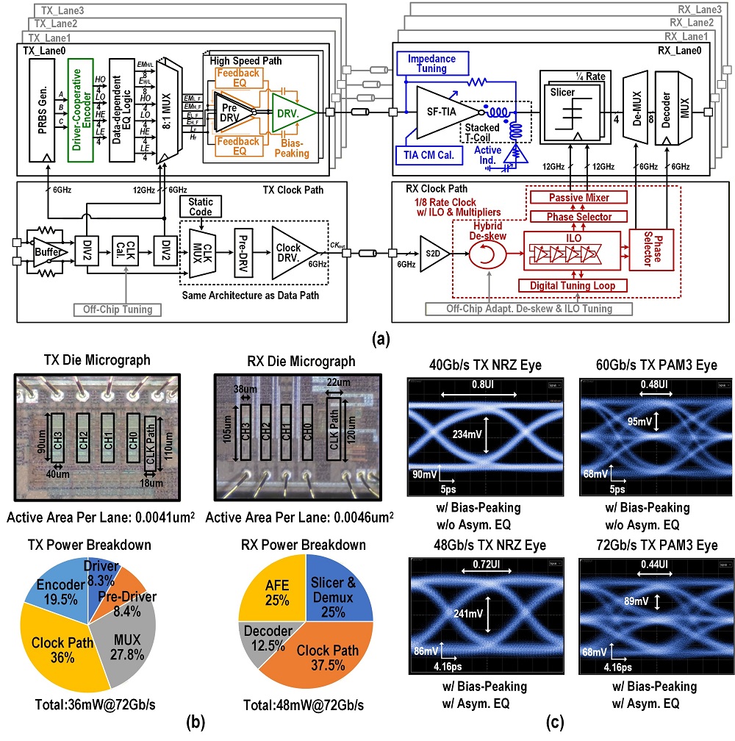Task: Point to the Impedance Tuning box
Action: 432,64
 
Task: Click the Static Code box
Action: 201,207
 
